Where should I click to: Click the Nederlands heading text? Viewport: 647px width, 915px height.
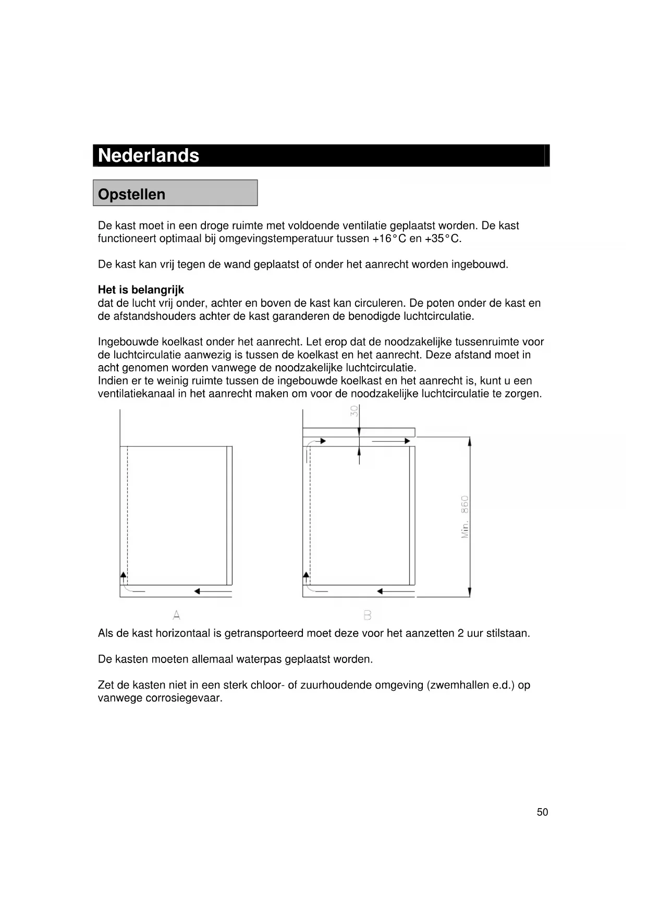[149, 155]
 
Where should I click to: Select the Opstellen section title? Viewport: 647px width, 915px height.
[131, 194]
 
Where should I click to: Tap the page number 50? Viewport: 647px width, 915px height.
[542, 812]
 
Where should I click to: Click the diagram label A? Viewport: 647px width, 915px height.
[177, 616]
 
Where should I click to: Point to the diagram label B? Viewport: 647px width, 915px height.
[368, 616]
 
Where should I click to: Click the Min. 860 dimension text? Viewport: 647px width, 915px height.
[465, 516]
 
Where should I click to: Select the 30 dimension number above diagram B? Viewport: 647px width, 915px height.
[355, 412]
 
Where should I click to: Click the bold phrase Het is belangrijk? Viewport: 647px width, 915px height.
[141, 290]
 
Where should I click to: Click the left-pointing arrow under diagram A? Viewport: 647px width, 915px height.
[212, 592]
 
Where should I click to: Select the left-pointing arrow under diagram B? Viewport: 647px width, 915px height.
[395, 592]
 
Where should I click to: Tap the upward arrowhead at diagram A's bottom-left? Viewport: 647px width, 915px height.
[124, 575]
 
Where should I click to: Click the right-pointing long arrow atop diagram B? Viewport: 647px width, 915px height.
[391, 441]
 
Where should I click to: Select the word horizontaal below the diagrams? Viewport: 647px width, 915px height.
[188, 633]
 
